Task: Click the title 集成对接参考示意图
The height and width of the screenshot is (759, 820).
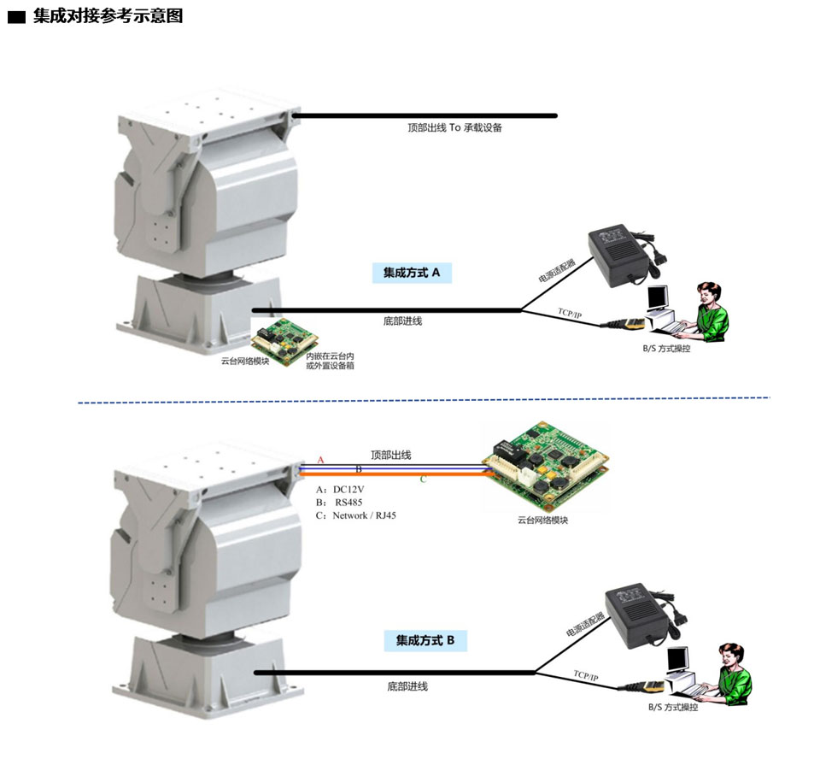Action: (x=108, y=15)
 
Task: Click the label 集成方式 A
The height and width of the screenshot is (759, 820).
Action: (x=411, y=273)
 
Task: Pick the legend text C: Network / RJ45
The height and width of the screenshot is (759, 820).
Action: (x=355, y=516)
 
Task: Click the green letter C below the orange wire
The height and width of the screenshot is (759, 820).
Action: (x=422, y=480)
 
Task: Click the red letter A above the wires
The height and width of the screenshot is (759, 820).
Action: (x=321, y=460)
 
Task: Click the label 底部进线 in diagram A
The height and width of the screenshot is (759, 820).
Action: (x=402, y=321)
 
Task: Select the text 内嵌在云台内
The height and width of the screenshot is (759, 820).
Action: (x=330, y=356)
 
